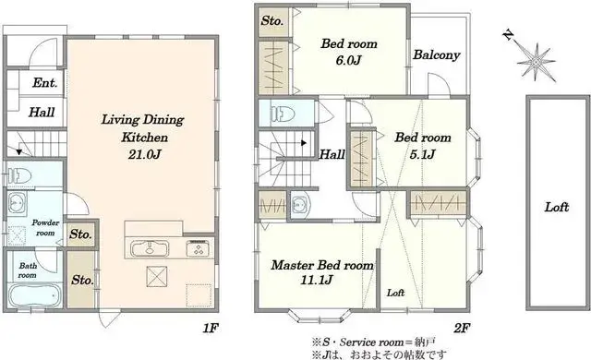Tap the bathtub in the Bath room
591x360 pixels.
[x=34, y=295]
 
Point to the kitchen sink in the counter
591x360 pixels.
[x=150, y=248]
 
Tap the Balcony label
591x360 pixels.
[x=437, y=55]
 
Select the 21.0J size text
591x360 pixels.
[x=145, y=155]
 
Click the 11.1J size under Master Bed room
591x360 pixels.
[x=317, y=281]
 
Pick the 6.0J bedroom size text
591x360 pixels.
[x=349, y=60]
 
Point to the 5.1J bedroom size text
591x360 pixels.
[x=423, y=154]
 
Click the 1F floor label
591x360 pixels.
[x=211, y=328]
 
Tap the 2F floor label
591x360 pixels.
[x=462, y=329]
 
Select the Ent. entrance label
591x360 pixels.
[x=45, y=82]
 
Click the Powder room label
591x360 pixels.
[x=45, y=228]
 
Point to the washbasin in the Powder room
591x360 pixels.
[x=17, y=203]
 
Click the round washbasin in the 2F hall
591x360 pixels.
[x=299, y=205]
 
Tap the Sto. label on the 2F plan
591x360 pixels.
[x=272, y=20]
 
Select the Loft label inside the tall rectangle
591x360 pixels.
[x=556, y=207]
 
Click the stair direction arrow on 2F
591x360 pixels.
[x=303, y=143]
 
